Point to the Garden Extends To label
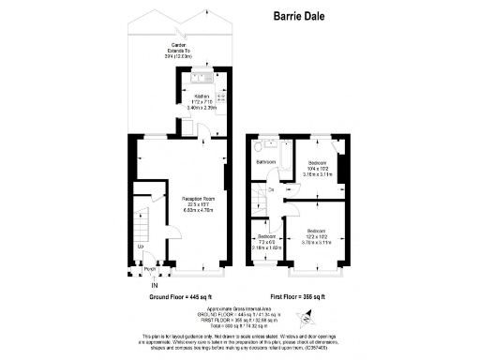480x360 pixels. pos(179,50)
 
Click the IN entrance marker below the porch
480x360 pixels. pos(142,285)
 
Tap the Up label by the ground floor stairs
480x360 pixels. pos(141,247)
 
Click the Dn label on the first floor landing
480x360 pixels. pos(270,189)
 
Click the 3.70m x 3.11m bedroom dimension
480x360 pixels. pos(316,243)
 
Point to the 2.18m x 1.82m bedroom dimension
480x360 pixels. pos(266,248)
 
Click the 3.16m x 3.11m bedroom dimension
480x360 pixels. pos(315,172)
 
